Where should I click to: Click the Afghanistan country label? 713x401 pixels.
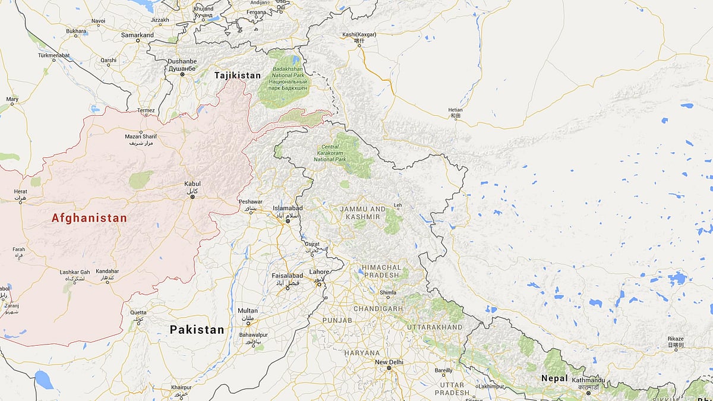coord(89,218)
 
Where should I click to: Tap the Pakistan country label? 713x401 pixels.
coord(197,330)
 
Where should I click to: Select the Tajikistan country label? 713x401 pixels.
coord(238,75)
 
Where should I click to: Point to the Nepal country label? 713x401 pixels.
coord(554,378)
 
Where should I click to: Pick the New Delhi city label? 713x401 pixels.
coord(389,362)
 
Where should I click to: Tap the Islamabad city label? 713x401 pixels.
coord(288,208)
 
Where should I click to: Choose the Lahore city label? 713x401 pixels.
coord(319,272)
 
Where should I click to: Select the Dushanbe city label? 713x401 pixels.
coord(182,61)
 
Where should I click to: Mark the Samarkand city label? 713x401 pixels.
coord(137,35)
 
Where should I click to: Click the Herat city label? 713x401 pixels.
coord(21,191)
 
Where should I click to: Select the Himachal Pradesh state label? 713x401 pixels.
coord(381,271)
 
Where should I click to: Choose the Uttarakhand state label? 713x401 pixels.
coord(435,327)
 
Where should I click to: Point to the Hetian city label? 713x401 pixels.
coord(455,110)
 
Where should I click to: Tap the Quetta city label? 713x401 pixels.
coord(138,312)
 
